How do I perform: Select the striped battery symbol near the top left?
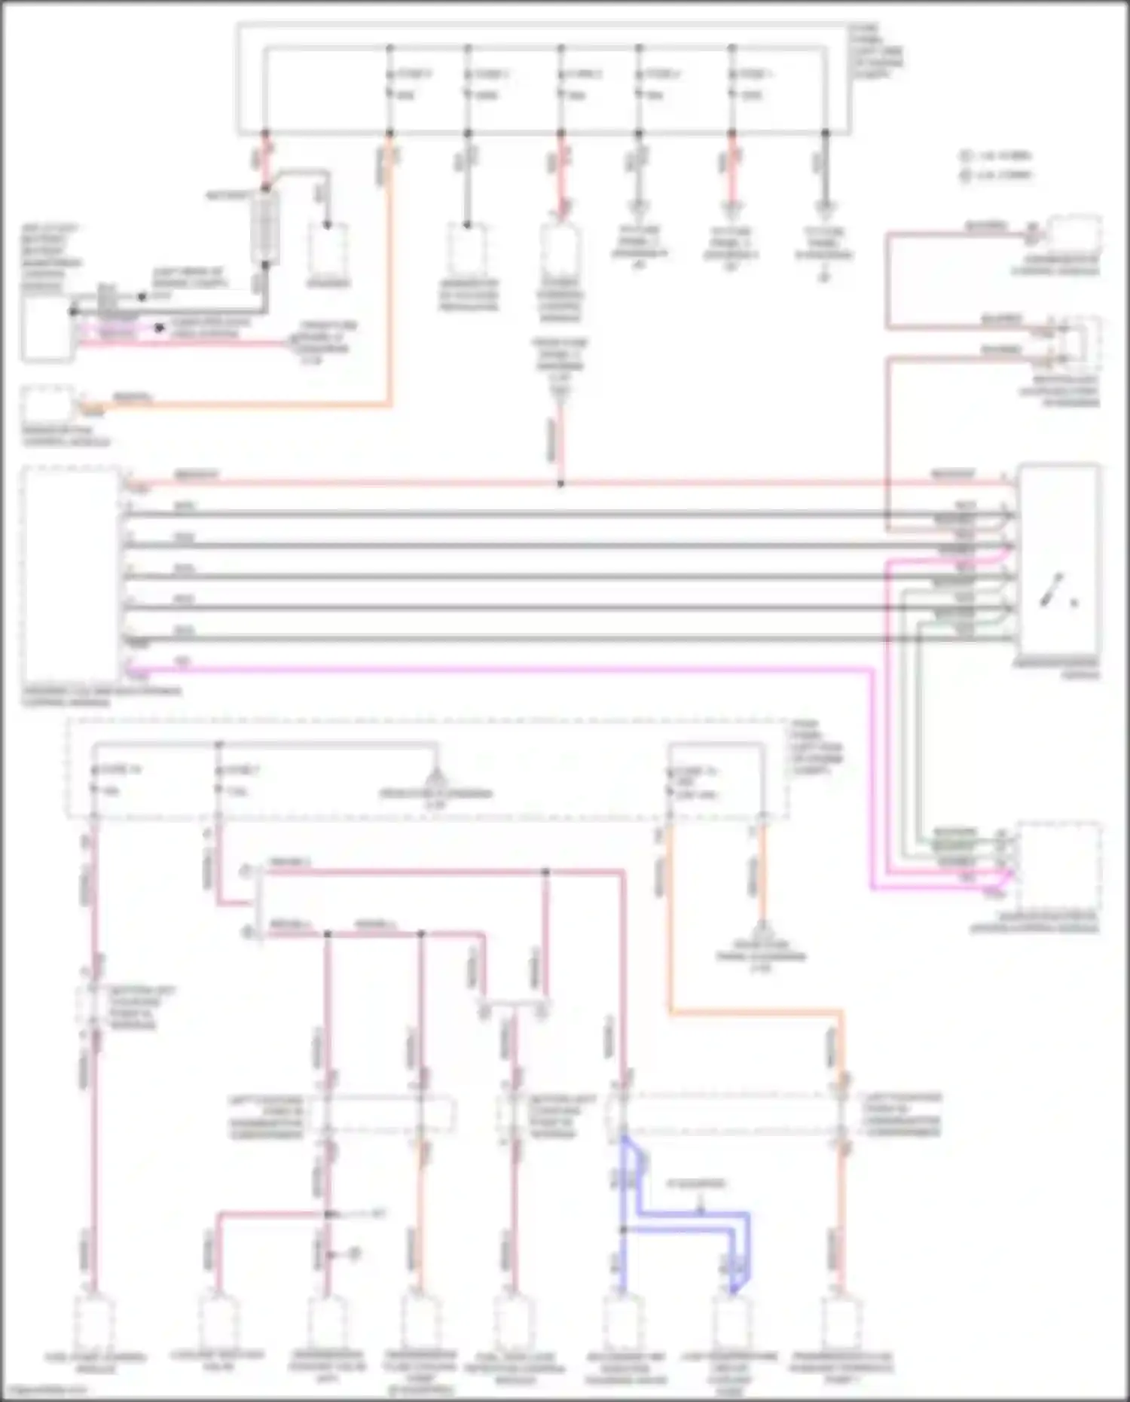[265, 226]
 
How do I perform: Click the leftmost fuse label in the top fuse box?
[414, 74]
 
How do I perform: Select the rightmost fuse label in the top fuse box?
[756, 74]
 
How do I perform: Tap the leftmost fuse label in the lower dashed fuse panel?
[120, 770]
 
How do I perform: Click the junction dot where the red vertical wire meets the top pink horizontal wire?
[560, 484]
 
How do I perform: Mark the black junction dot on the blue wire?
[624, 1229]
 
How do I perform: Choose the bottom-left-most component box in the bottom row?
[94, 1322]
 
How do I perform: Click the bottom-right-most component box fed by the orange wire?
[841, 1322]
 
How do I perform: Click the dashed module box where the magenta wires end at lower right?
[1058, 866]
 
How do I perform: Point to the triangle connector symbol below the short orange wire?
[762, 928]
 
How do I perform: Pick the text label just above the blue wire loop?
[696, 1184]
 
